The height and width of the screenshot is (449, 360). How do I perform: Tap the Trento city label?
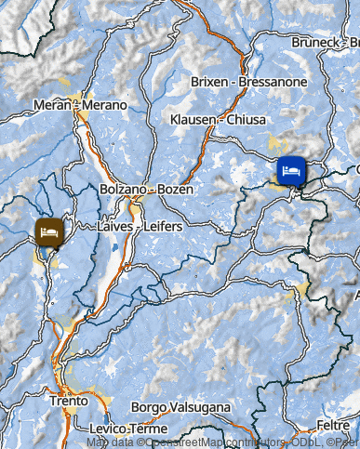point(69,402)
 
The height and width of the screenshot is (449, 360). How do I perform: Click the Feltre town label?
point(332,424)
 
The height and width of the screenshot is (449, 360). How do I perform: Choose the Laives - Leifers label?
point(140,226)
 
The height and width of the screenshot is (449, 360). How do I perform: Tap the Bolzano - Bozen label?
point(147,190)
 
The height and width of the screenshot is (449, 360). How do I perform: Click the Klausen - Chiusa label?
point(219,120)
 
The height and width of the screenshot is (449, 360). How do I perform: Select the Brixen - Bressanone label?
point(248,82)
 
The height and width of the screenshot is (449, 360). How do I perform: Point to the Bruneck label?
point(316,43)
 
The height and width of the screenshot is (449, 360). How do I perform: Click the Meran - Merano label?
point(80,105)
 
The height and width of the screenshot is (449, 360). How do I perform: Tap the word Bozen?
point(175,190)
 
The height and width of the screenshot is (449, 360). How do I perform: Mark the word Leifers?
point(163,226)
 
